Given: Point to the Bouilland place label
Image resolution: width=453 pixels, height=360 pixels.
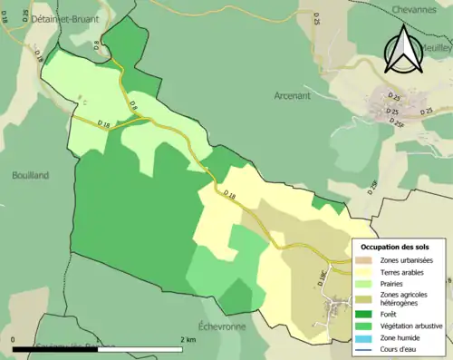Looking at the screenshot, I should [31, 175].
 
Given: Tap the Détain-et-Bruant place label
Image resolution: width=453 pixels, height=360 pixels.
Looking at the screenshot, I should [65, 17].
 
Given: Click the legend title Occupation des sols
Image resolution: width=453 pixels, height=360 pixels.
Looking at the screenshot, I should [395, 247].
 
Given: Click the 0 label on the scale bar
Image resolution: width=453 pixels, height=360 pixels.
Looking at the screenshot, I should [14, 340].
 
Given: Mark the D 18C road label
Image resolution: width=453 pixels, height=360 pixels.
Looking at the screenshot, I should [323, 280].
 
